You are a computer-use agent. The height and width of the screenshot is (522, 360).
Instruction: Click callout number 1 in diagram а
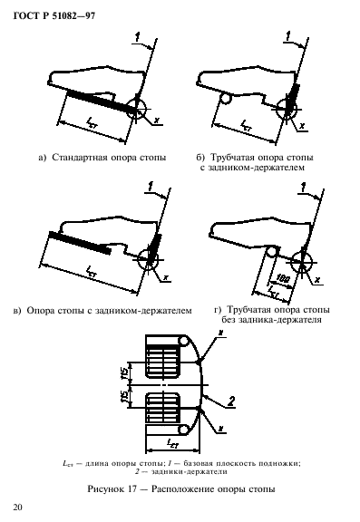click(x=137, y=35)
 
